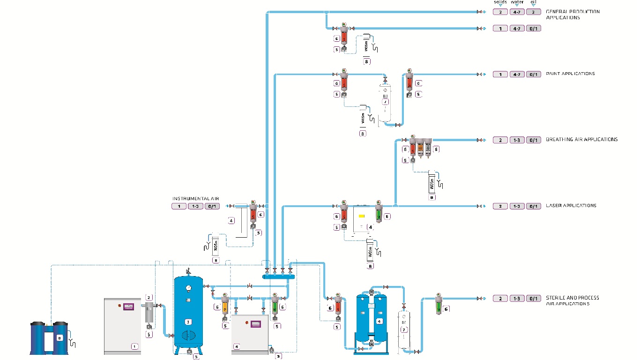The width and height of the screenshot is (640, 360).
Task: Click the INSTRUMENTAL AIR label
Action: point(195,199)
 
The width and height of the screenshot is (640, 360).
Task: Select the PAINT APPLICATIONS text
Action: point(570,74)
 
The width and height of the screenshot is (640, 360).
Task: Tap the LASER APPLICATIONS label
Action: point(571,206)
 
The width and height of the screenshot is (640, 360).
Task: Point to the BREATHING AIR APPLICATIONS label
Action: point(581,140)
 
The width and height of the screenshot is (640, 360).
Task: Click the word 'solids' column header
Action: point(500,2)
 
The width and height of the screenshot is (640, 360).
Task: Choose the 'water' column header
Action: point(517,2)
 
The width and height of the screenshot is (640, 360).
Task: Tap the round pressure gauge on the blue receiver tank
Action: point(188,288)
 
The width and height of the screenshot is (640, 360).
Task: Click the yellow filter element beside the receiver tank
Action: point(225,308)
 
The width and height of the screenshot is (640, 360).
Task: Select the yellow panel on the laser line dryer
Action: point(361,217)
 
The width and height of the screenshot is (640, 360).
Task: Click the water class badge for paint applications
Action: point(517,75)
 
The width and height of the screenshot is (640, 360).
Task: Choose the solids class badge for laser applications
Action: point(500,206)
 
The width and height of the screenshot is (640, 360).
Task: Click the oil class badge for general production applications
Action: point(533,12)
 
